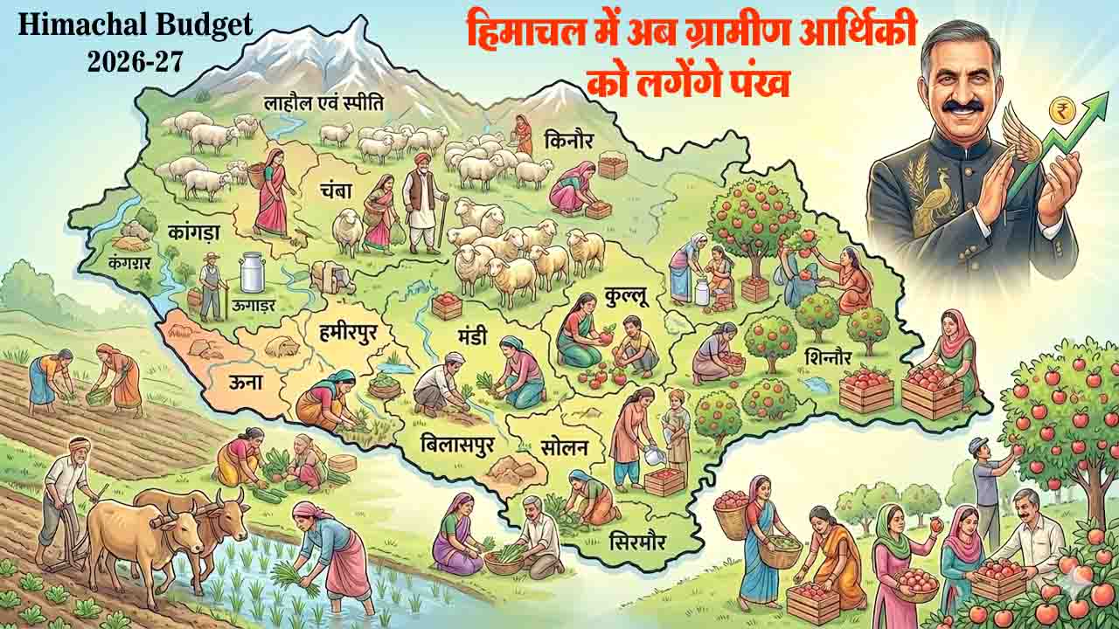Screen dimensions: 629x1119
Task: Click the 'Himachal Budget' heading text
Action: pyautogui.click(x=135, y=25)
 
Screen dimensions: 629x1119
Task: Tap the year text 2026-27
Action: pyautogui.click(x=135, y=62)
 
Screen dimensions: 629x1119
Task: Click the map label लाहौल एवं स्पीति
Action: pyautogui.click(x=324, y=103)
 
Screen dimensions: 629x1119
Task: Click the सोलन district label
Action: pyautogui.click(x=564, y=449)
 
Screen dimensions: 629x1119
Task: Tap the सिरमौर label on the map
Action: pyautogui.click(x=636, y=542)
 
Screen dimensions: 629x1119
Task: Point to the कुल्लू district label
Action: pyautogui.click(x=626, y=297)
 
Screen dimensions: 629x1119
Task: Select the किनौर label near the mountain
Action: pyautogui.click(x=569, y=139)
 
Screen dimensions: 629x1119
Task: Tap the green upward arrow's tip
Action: pyautogui.click(x=1095, y=97)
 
